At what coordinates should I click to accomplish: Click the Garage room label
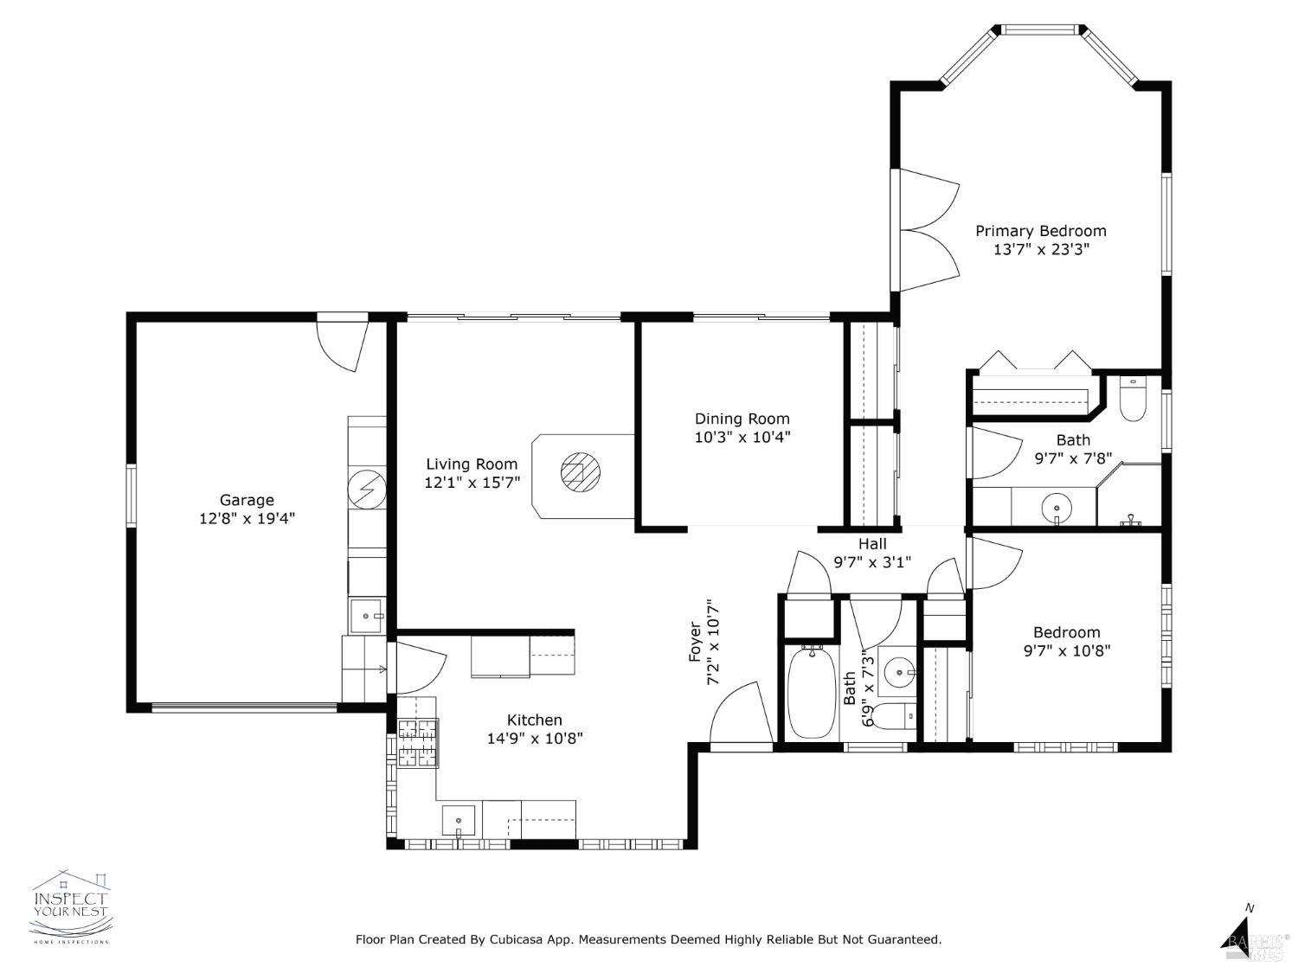(247, 500)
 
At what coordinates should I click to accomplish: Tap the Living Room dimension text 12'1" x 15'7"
(472, 483)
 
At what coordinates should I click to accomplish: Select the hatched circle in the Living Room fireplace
(579, 472)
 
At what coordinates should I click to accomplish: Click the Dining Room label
(742, 419)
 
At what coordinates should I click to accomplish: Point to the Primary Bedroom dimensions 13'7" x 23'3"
(1040, 250)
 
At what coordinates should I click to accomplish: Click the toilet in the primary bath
(1132, 399)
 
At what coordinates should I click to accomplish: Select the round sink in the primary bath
(1057, 507)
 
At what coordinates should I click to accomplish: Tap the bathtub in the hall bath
(812, 691)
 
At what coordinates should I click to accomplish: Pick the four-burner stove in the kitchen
(418, 743)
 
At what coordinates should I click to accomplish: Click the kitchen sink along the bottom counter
(458, 818)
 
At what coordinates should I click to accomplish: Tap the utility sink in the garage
(368, 615)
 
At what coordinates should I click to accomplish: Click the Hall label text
(872, 544)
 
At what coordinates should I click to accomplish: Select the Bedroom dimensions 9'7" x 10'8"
(1066, 650)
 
